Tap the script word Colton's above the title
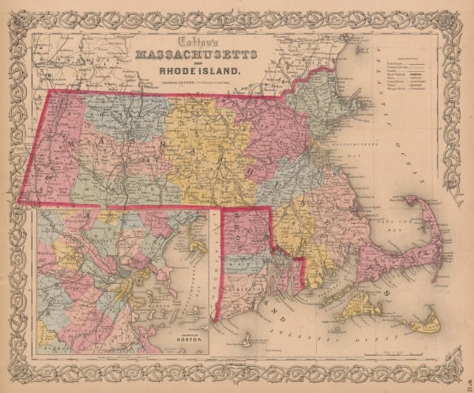[x=200, y=42]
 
